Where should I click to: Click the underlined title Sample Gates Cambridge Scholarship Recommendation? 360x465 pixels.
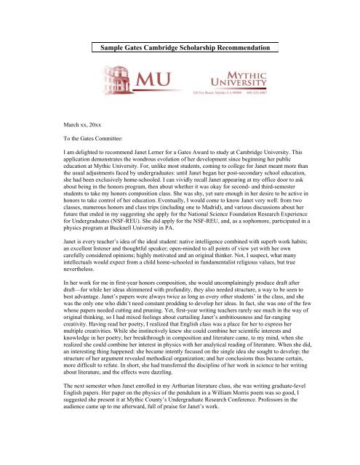[180, 47]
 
